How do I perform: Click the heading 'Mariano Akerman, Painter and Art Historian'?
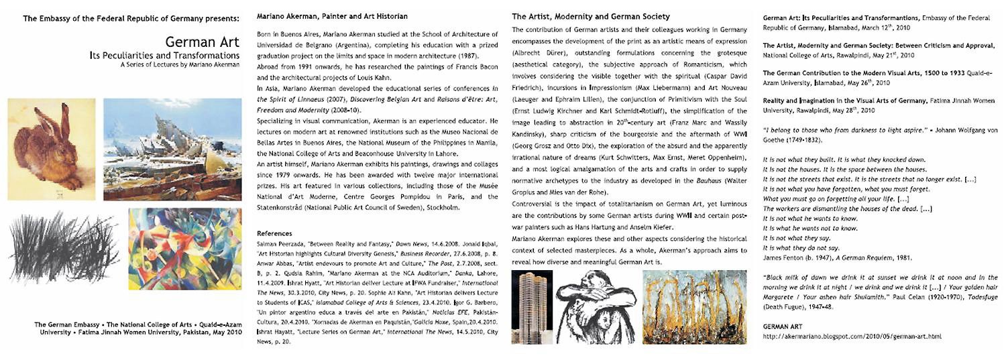click(x=333, y=15)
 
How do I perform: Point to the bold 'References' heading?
click(x=275, y=233)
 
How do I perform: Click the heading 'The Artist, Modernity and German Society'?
click(x=591, y=16)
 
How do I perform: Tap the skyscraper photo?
click(x=531, y=307)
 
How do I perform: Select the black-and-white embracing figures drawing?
click(x=594, y=307)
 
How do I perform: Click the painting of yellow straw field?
click(x=693, y=307)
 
